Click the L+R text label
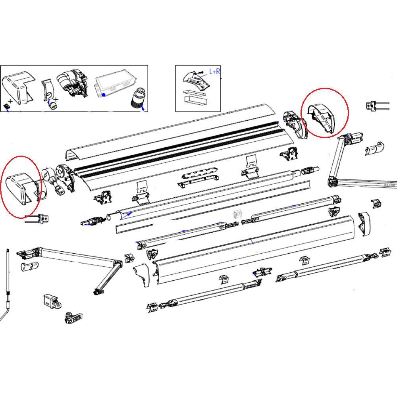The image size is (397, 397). [215, 72]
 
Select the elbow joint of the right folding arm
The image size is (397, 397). [332, 182]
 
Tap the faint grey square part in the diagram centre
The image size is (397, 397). [238, 215]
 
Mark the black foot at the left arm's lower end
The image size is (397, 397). [96, 293]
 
